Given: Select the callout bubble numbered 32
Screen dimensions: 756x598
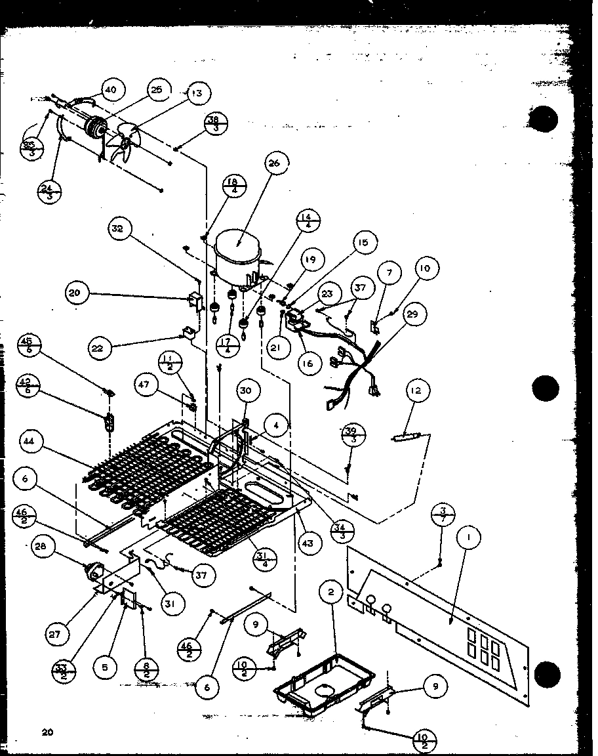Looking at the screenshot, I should click(x=121, y=230).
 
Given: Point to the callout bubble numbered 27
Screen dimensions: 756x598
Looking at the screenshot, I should click(x=57, y=635).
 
